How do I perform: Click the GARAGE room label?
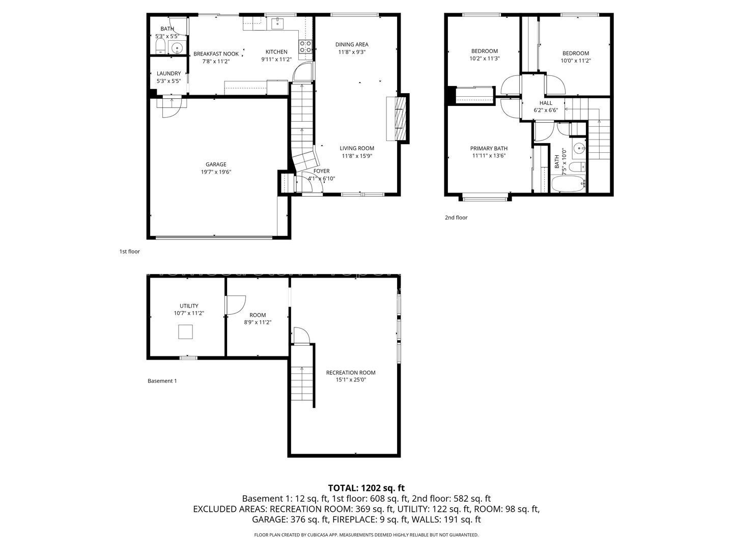pos(216,164)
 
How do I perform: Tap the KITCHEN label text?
pos(276,52)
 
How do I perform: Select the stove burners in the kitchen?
pos(305,46)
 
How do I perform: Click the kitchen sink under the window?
pos(277,24)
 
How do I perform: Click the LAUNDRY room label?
pos(168,73)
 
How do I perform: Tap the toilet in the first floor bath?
pos(161,46)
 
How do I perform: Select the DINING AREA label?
pos(352,44)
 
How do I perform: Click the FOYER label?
pos(321,171)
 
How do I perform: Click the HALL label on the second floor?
pos(546,103)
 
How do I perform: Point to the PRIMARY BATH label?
pos(489,148)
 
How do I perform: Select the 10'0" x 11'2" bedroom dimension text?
pos(576,61)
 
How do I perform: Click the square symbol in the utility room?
pos(185,332)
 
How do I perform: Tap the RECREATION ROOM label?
pos(351,372)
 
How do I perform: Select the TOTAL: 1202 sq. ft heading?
pos(366,488)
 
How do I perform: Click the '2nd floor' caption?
pos(456,217)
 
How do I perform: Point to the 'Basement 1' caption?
pos(162,381)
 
